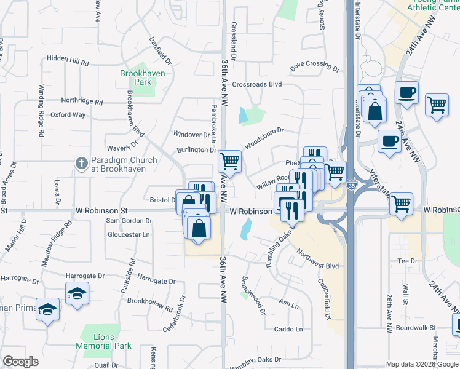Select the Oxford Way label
pyautogui.click(x=68, y=114)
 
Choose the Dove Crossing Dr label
pyautogui.click(x=314, y=65)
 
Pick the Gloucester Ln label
pyautogui.click(x=129, y=234)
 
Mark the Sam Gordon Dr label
pyautogui.click(x=129, y=221)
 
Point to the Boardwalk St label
pyautogui.click(x=416, y=328)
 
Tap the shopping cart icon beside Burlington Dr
pyautogui.click(x=229, y=162)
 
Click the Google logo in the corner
pyautogui.click(x=20, y=362)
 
